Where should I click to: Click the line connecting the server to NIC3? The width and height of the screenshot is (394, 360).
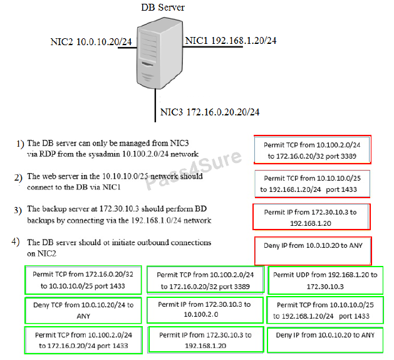154,103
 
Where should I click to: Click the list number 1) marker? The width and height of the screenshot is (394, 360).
20,144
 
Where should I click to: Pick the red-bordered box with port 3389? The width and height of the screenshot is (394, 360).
313,149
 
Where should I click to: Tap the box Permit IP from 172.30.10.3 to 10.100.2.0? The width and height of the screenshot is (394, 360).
204,309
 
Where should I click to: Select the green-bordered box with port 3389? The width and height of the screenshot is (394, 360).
205,280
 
